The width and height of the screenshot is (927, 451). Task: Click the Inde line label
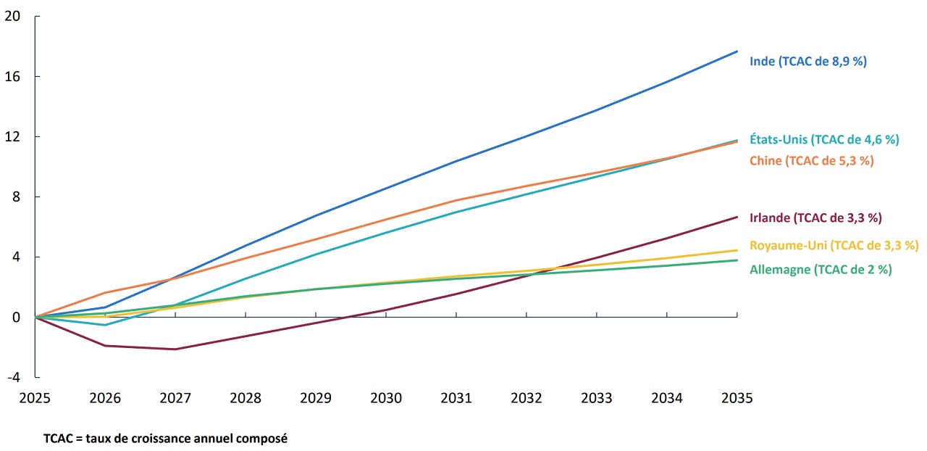[x=808, y=62]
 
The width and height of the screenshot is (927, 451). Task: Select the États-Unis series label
[x=824, y=139]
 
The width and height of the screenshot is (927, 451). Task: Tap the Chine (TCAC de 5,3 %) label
[x=811, y=161]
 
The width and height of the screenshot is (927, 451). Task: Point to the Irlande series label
[x=815, y=218]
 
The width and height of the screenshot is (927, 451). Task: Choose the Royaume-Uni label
[x=834, y=245]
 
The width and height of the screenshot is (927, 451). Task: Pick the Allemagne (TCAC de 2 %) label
[x=821, y=270]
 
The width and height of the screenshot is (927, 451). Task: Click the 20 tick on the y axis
[x=12, y=16]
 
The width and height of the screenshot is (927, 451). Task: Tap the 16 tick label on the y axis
[x=12, y=76]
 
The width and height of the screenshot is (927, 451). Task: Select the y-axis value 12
[x=12, y=136]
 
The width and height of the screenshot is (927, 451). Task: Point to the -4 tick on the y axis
[x=13, y=378]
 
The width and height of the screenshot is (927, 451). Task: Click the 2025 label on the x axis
[x=35, y=398]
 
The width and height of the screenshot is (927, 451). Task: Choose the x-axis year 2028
[x=246, y=398]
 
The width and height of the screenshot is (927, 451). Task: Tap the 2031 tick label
[x=456, y=398]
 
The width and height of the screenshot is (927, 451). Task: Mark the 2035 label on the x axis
[x=737, y=398]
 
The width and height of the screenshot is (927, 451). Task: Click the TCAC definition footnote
[x=165, y=439]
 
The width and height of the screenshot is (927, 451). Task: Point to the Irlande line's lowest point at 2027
[x=175, y=349]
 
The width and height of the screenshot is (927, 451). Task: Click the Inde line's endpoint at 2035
[x=737, y=51]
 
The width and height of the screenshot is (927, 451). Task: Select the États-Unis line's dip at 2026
[x=106, y=325]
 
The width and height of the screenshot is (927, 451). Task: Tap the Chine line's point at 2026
[x=106, y=293]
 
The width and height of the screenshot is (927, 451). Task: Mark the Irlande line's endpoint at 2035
[x=737, y=217]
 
